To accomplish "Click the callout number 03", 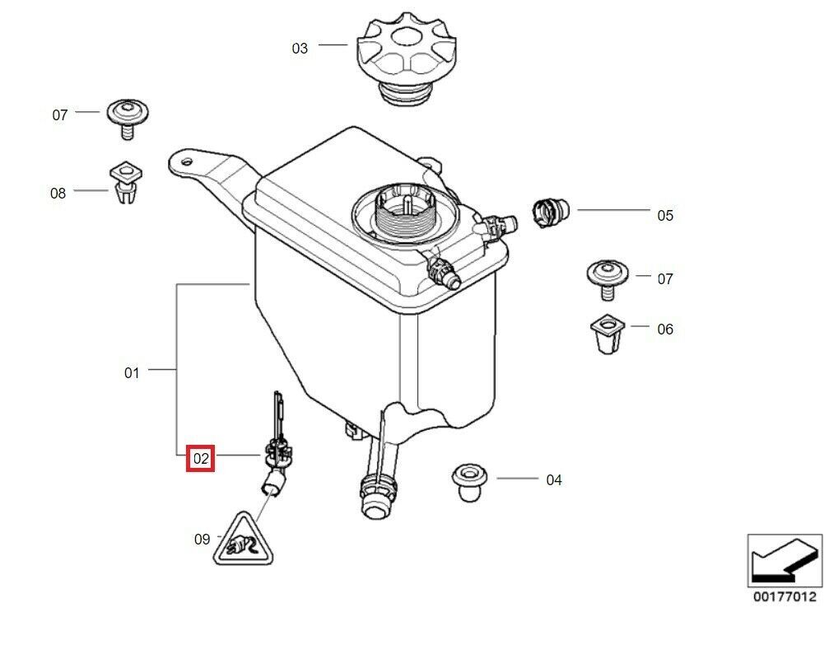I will [300, 49].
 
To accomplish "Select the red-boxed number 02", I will [201, 457].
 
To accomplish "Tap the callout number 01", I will [132, 373].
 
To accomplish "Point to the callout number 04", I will [554, 479].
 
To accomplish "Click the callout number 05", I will [665, 216].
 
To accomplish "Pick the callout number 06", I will [665, 329].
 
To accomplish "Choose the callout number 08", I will [58, 194].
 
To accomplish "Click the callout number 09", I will [202, 540].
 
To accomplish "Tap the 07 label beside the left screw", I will [60, 115].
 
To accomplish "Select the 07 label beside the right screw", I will [665, 279].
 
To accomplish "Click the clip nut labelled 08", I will [124, 183].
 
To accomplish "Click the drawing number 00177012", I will [784, 596].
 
